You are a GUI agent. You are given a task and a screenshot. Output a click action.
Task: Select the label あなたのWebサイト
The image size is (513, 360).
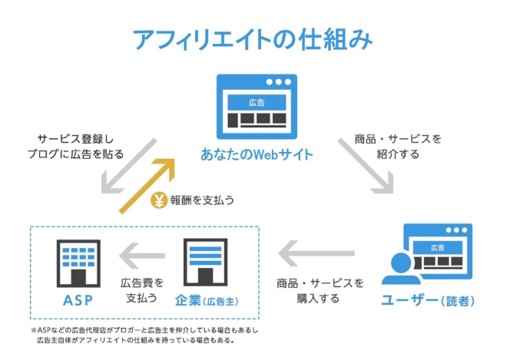[x=256, y=154]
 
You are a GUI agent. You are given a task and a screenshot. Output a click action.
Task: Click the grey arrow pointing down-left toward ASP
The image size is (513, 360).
[x=130, y=167]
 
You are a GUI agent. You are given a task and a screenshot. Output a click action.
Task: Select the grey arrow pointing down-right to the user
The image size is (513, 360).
[x=367, y=167]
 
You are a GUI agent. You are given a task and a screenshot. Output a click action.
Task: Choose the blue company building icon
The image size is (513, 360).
[x=204, y=261]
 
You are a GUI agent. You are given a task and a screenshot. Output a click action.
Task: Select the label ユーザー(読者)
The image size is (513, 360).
[x=426, y=299]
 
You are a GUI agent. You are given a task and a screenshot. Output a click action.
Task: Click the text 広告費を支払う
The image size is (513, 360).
[x=140, y=289]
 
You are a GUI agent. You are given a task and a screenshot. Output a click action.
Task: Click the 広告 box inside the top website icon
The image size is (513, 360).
[x=256, y=102]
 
